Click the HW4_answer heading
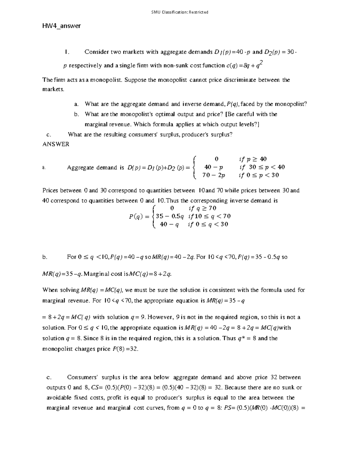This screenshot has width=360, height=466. [61, 26]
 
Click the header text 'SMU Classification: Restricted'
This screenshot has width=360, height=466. [180, 12]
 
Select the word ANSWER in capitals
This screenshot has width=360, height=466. [56, 144]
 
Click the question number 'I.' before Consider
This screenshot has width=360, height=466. [67, 52]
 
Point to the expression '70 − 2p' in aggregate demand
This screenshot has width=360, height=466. [214, 175]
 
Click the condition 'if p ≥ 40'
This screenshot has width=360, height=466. [253, 159]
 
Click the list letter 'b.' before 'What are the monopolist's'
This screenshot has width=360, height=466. [76, 114]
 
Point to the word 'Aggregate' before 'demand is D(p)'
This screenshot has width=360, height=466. [80, 168]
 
